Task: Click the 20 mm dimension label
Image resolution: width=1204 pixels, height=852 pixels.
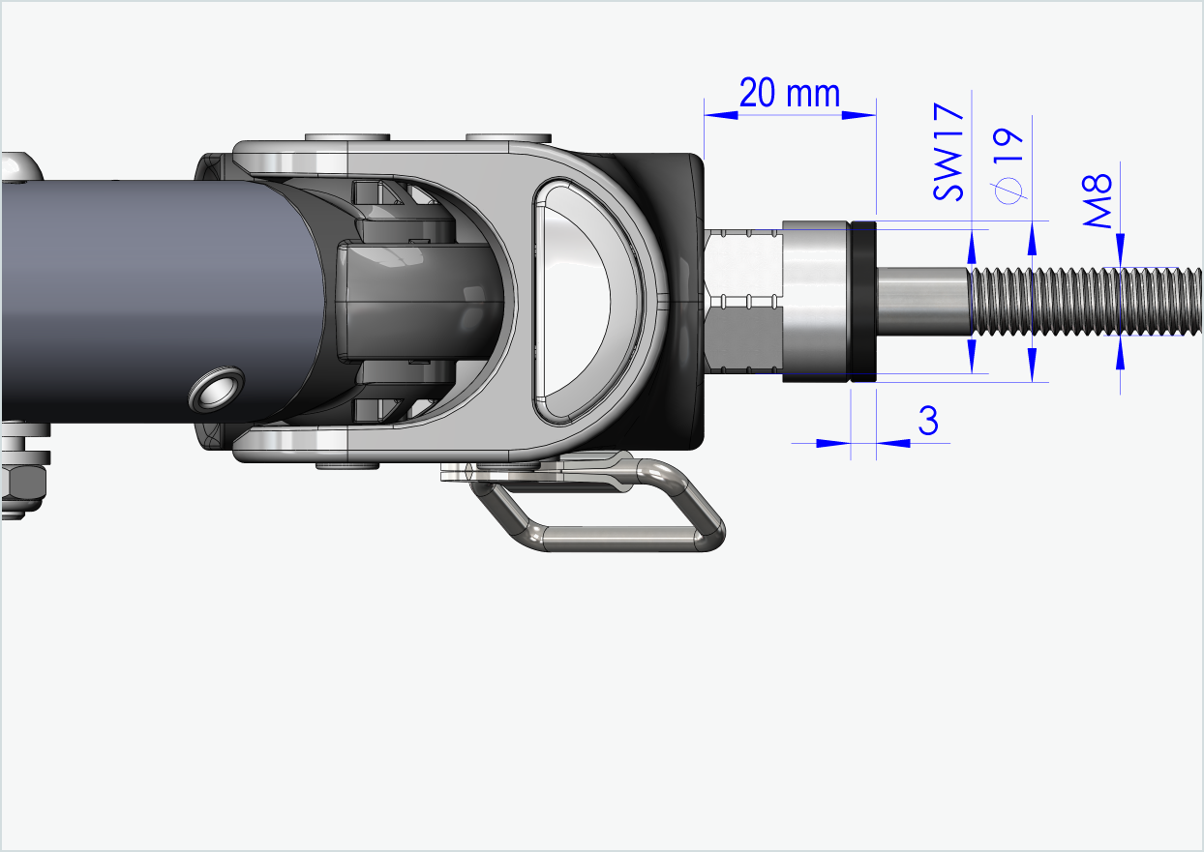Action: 789,95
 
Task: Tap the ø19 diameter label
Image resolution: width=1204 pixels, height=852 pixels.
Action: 1008,164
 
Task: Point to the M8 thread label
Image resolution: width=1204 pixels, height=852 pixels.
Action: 1099,199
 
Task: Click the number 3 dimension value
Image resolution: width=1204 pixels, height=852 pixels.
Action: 927,422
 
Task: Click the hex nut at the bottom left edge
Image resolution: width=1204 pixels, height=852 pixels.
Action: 21,484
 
